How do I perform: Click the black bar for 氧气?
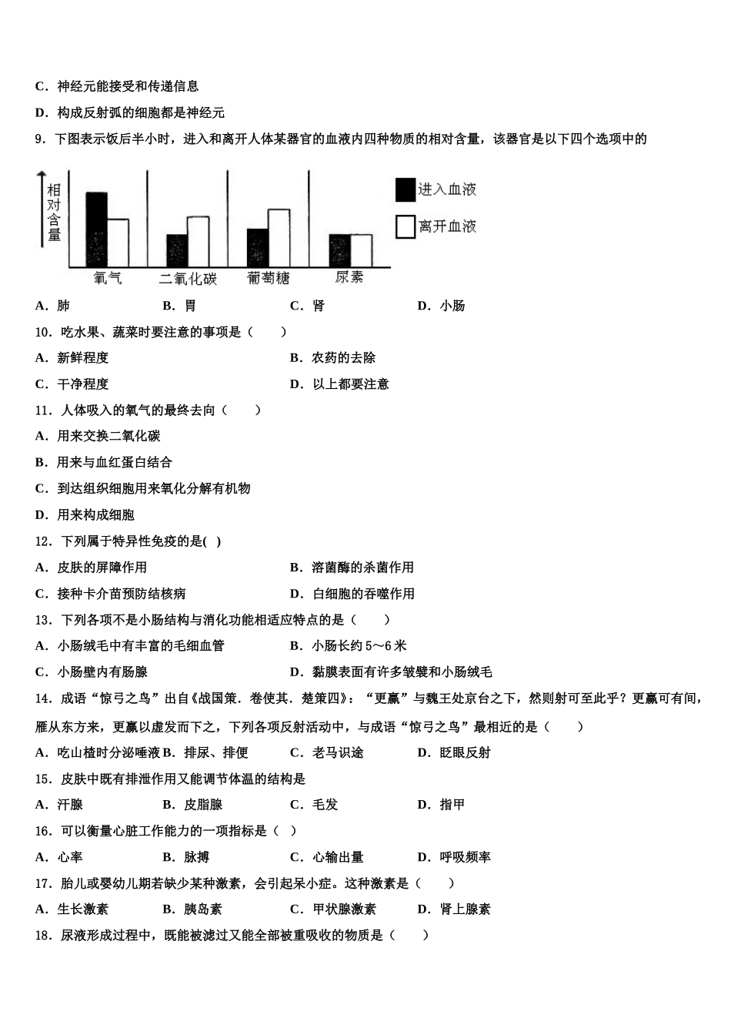pyautogui.click(x=96, y=229)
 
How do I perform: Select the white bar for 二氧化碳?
pyautogui.click(x=198, y=242)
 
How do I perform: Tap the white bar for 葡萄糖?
pyautogui.click(x=279, y=238)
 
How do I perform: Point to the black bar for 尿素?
pyautogui.click(x=339, y=250)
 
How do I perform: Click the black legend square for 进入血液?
pyautogui.click(x=405, y=189)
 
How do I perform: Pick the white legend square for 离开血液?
pyautogui.click(x=405, y=226)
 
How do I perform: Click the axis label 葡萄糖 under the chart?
pyautogui.click(x=269, y=278)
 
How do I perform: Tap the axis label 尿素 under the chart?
pyautogui.click(x=349, y=277)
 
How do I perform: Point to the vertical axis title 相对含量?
pyautogui.click(x=54, y=213)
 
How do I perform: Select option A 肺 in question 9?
pyautogui.click(x=53, y=306)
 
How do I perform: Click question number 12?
pyautogui.click(x=43, y=541)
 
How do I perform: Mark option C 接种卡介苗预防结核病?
pyautogui.click(x=111, y=594)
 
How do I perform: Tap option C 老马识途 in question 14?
pyautogui.click(x=327, y=752)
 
